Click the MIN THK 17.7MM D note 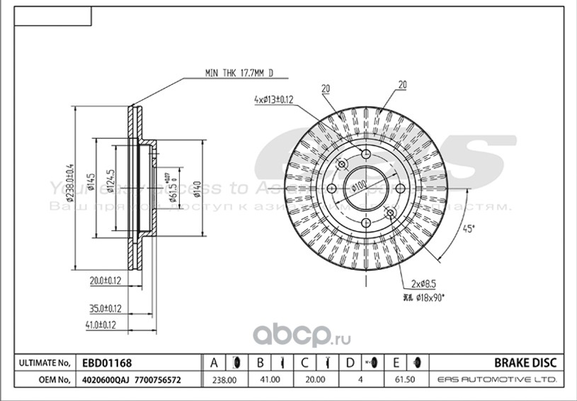coord(238,73)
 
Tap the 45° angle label coord(467,229)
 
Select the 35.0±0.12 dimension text coord(104,308)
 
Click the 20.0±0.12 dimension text coord(105,280)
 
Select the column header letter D coord(349,363)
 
